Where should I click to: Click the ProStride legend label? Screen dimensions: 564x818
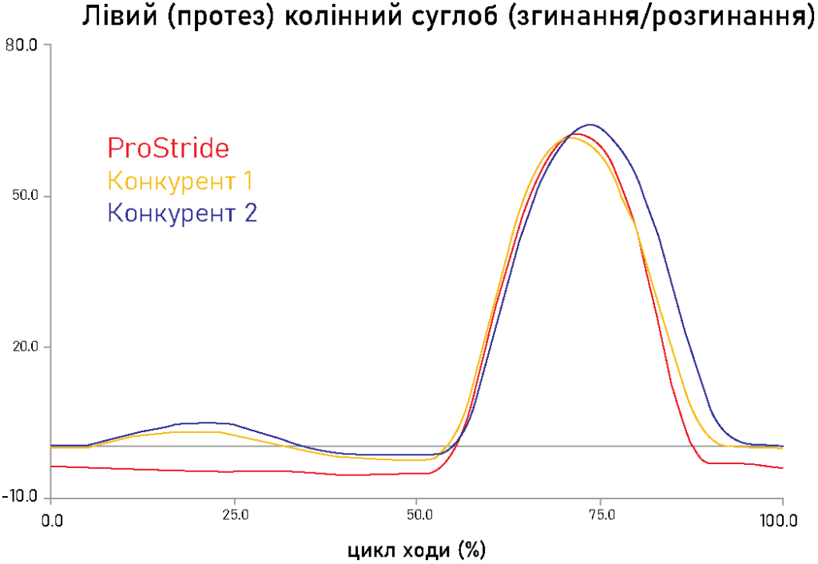coord(168,149)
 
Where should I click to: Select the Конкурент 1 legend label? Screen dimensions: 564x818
coord(180,181)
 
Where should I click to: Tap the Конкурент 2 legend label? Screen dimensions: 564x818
coord(182,213)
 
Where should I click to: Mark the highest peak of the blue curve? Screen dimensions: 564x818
coord(590,125)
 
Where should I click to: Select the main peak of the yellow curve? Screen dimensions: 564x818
coord(570,137)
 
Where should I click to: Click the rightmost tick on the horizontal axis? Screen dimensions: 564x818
coord(783,501)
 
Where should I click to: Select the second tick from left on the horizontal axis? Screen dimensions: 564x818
coord(234,501)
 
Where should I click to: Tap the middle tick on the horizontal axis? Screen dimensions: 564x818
coord(417,501)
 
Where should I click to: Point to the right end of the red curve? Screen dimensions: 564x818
coord(783,467)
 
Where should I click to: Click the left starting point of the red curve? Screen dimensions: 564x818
coord(52,466)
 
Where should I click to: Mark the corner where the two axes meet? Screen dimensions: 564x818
coord(51,498)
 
